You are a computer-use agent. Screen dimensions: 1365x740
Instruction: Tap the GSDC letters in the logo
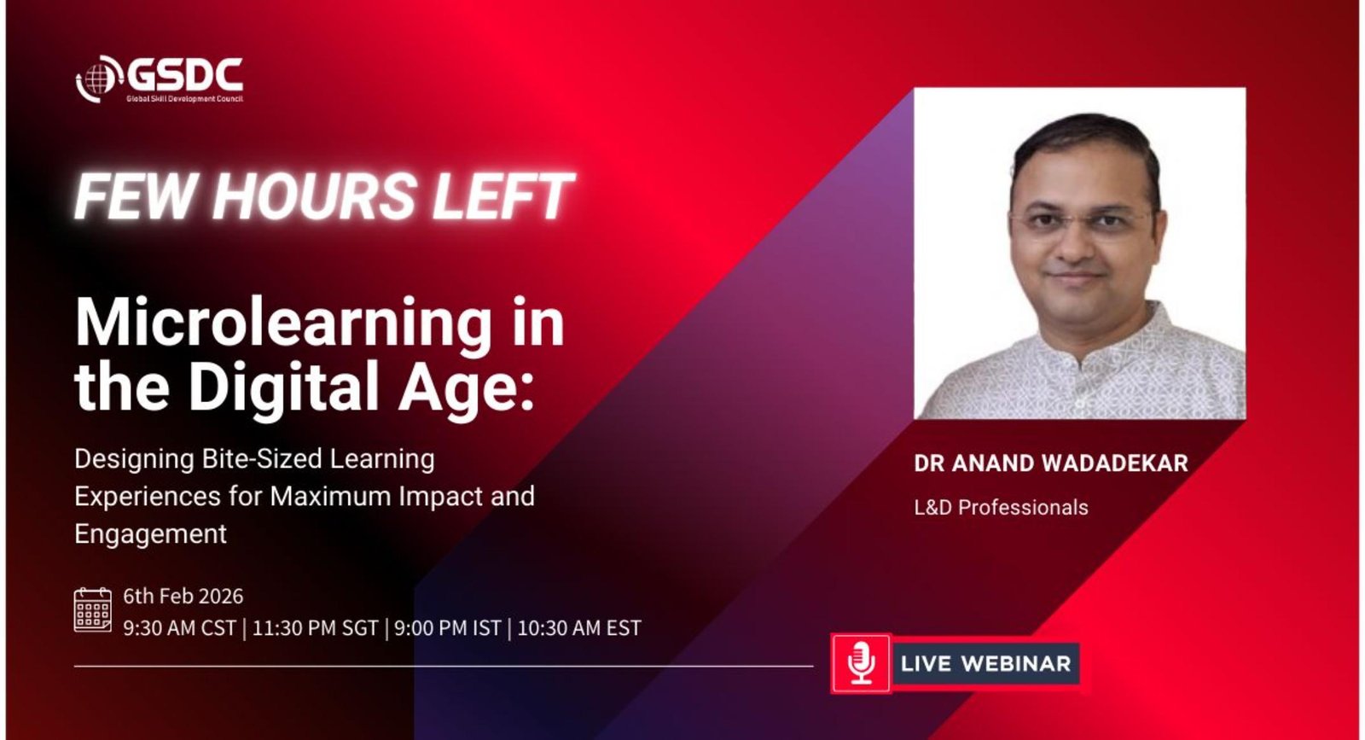(x=185, y=76)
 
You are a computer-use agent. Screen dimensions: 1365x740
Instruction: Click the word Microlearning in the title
(x=282, y=323)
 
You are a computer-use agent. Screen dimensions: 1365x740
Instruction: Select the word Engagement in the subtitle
(x=150, y=534)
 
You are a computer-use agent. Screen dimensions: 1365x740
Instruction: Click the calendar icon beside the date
(x=93, y=609)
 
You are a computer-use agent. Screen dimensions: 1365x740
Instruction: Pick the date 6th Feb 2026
(x=183, y=596)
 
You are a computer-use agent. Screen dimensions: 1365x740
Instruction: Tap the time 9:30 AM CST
(x=179, y=628)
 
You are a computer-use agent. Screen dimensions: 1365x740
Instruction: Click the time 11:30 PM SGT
(x=315, y=628)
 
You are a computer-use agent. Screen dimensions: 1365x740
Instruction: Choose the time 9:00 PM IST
(x=447, y=628)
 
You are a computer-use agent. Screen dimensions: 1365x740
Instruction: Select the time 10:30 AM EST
(x=579, y=628)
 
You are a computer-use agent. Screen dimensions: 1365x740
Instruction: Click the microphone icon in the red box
(x=861, y=663)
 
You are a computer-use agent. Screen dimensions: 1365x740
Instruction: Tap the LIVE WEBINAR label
(x=985, y=663)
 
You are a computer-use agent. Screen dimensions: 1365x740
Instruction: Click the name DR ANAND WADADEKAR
(x=1050, y=463)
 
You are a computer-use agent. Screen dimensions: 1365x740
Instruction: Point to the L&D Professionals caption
(x=1001, y=507)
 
